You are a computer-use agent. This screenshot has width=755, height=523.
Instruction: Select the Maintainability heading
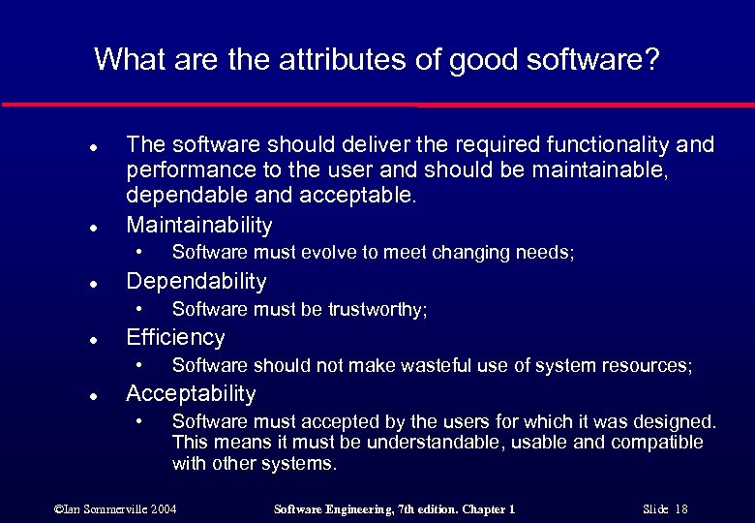coord(199,226)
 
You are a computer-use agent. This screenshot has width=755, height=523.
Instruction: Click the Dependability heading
coord(196,282)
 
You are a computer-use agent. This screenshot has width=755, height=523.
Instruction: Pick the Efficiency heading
coord(175,338)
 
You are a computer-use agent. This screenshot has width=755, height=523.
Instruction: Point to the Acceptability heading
coord(191,394)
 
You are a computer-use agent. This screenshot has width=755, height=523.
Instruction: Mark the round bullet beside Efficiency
coord(90,340)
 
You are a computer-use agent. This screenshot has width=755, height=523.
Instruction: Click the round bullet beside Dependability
coord(90,284)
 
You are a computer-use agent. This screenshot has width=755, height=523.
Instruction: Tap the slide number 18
coord(681,509)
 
